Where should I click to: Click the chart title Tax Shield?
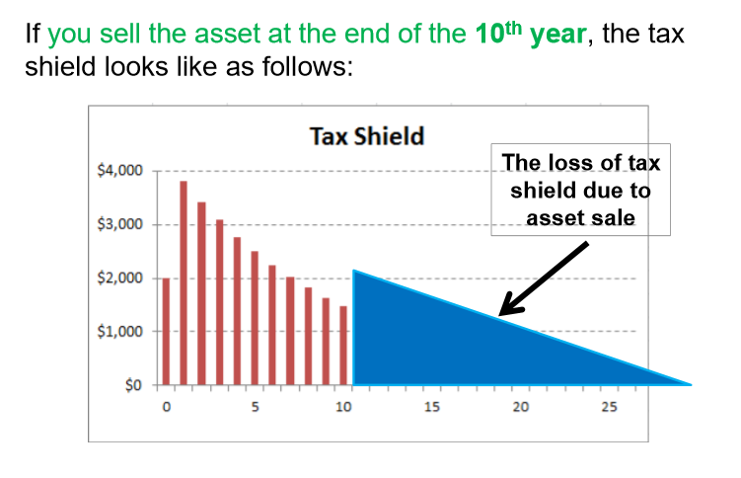point(367,135)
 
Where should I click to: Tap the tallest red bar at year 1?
point(184,282)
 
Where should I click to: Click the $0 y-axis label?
point(132,385)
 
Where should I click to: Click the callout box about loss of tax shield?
point(580,190)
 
